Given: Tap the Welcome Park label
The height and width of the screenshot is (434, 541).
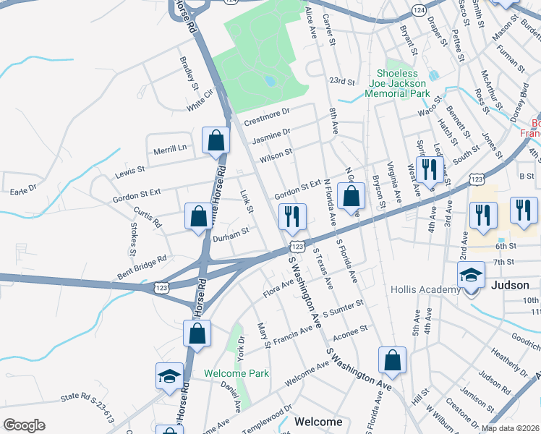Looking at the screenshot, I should [x=236, y=373].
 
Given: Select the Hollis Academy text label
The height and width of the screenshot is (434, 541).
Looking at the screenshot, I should [x=425, y=290].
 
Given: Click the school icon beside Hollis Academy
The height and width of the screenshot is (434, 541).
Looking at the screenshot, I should [x=470, y=275].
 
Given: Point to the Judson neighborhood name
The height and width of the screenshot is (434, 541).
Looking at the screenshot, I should [x=511, y=285].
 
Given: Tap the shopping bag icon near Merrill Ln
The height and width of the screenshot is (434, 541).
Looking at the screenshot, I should [x=216, y=140].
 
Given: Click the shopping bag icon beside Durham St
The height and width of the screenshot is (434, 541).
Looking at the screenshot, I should [x=198, y=216].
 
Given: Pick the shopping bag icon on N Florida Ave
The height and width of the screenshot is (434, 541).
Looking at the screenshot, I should [x=351, y=195].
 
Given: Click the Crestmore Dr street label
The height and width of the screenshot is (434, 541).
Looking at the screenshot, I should [x=267, y=112].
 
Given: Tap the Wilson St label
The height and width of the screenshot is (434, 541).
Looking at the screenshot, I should [x=276, y=153].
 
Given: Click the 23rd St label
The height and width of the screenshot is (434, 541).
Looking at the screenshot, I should [x=344, y=82].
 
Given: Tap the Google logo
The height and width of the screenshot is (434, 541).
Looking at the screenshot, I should [x=24, y=425].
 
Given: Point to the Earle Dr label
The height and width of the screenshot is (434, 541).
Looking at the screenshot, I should [x=22, y=189].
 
